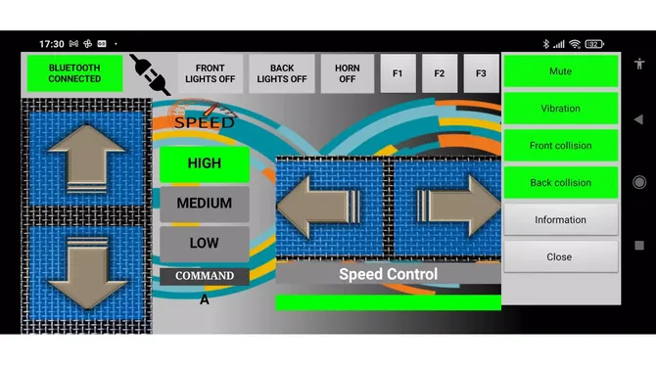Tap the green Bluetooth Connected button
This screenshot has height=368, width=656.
(x=74, y=73)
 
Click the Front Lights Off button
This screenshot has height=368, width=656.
(x=211, y=73)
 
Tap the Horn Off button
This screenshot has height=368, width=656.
(x=348, y=73)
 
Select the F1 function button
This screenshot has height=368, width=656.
(x=398, y=73)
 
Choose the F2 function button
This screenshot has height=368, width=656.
(x=440, y=73)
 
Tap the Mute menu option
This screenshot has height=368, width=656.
(x=561, y=71)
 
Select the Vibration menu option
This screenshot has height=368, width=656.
(x=561, y=109)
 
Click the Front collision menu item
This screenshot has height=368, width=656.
(x=561, y=146)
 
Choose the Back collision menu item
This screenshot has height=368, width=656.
(x=561, y=183)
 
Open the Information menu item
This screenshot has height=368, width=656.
(x=561, y=219)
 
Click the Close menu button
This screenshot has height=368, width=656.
(x=561, y=256)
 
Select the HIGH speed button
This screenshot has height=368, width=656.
(x=205, y=163)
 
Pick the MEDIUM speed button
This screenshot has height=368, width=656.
(x=205, y=204)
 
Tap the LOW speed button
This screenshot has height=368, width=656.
(x=205, y=244)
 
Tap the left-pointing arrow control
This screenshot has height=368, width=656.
(x=318, y=207)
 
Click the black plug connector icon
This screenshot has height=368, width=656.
(x=150, y=74)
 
